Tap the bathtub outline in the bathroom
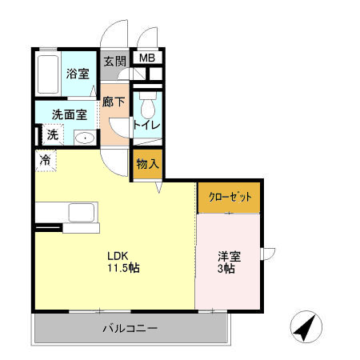coord(50,74)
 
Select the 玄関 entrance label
coord(114,60)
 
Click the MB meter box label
coord(148,58)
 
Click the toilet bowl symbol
coord(147,108)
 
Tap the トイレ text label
coord(147,125)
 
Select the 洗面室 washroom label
coord(70,114)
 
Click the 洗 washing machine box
coord(52,134)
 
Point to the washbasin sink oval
coord(84,138)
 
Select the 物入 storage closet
coord(147,163)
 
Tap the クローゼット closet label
coord(230,196)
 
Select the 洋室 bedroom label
coord(229,257)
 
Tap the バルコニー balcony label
coord(129,328)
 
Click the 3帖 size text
coord(228,270)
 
